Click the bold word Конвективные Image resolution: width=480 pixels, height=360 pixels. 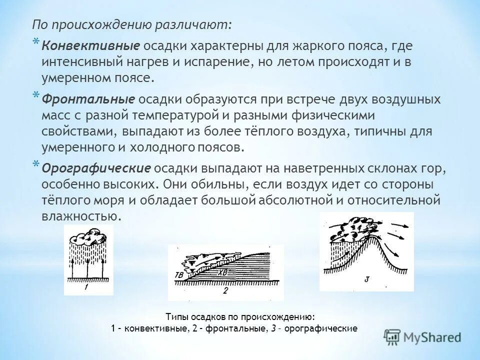point(90,46)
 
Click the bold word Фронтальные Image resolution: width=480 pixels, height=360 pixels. point(88,99)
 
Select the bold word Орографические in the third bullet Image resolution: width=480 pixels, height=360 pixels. point(96,167)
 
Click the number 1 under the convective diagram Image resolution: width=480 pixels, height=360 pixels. point(86,288)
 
